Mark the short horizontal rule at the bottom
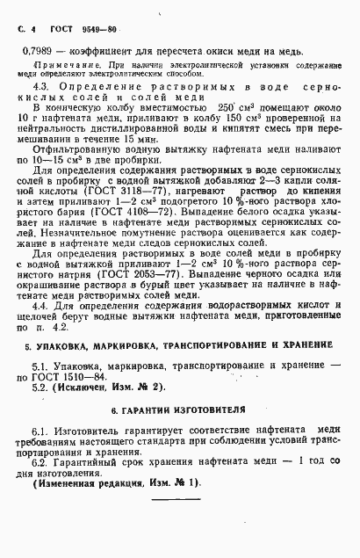(x=177, y=549)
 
